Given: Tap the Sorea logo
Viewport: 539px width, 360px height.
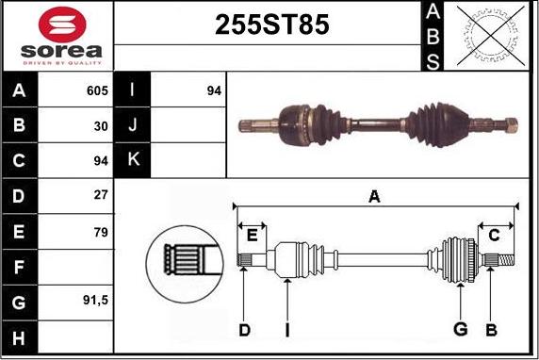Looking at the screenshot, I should tap(58, 36).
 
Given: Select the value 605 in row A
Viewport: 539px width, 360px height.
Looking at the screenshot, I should tap(96, 91).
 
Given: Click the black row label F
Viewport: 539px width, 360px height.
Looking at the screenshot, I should tap(20, 268).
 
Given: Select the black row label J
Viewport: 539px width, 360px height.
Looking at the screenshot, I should tap(132, 125).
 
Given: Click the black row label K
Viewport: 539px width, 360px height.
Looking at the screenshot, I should tap(132, 160).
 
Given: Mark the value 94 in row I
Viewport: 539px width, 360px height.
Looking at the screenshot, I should tap(213, 91).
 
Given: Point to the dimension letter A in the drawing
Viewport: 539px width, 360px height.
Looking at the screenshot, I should tap(374, 196).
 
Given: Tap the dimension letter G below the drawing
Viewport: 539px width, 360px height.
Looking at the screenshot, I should tap(460, 329).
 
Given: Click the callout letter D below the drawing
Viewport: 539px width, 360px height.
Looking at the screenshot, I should tap(244, 329).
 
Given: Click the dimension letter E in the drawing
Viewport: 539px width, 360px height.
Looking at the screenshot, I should tap(251, 233).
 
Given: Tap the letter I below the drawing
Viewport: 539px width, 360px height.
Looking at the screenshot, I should tap(286, 329).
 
